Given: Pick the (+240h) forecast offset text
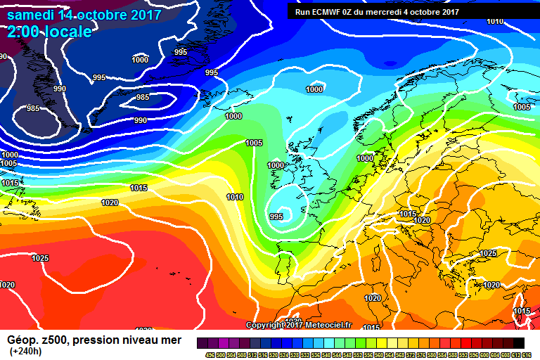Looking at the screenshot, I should (x=25, y=351).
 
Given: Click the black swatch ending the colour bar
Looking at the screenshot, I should (x=518, y=342).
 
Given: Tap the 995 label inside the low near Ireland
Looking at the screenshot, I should (x=276, y=217).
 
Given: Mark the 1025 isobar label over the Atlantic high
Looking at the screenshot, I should (x=41, y=258).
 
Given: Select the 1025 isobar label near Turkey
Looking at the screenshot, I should (x=488, y=253).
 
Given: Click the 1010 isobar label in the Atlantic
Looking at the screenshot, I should (x=235, y=197).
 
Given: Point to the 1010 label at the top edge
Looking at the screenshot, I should (x=495, y=21).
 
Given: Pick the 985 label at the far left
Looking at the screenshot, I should (x=33, y=108).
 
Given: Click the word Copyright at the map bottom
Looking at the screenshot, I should (x=266, y=325).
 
